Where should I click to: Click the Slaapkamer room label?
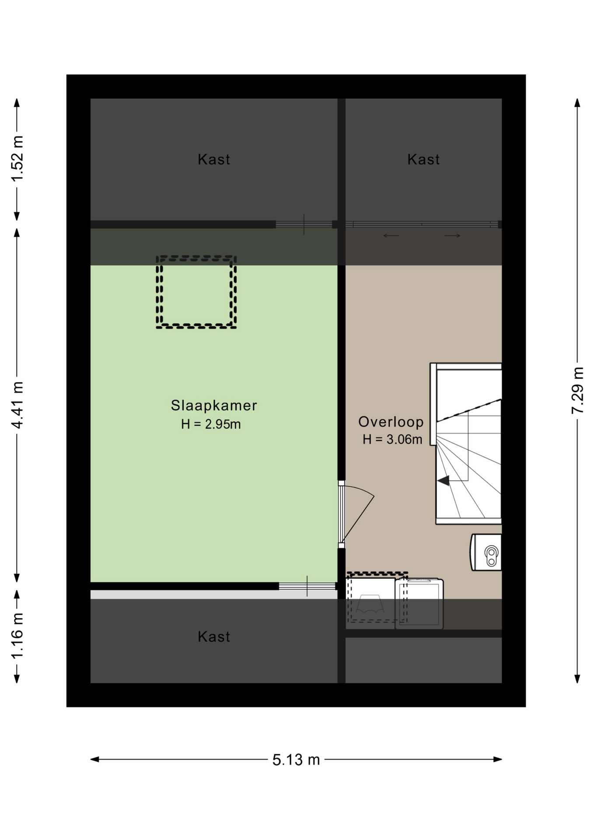tap(213, 406)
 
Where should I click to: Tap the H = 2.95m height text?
tap(211, 424)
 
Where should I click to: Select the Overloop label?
tap(391, 422)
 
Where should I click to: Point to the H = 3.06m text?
tap(392, 439)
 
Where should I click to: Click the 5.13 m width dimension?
tap(296, 759)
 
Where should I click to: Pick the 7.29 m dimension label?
tap(577, 391)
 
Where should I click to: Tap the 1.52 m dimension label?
tap(17, 158)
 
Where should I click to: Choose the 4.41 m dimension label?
tap(17, 405)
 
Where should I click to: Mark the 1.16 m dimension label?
tap(17, 636)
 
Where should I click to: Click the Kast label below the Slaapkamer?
tap(213, 637)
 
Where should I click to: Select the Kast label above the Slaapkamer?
tap(213, 159)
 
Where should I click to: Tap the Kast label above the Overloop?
tap(423, 159)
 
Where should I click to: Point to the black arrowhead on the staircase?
tap(444, 481)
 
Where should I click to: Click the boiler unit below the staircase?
tap(486, 552)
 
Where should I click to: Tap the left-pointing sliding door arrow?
tap(391, 236)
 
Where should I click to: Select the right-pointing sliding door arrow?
tap(453, 236)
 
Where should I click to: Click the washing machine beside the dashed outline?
tap(419, 604)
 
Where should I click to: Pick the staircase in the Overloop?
tap(466, 444)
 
